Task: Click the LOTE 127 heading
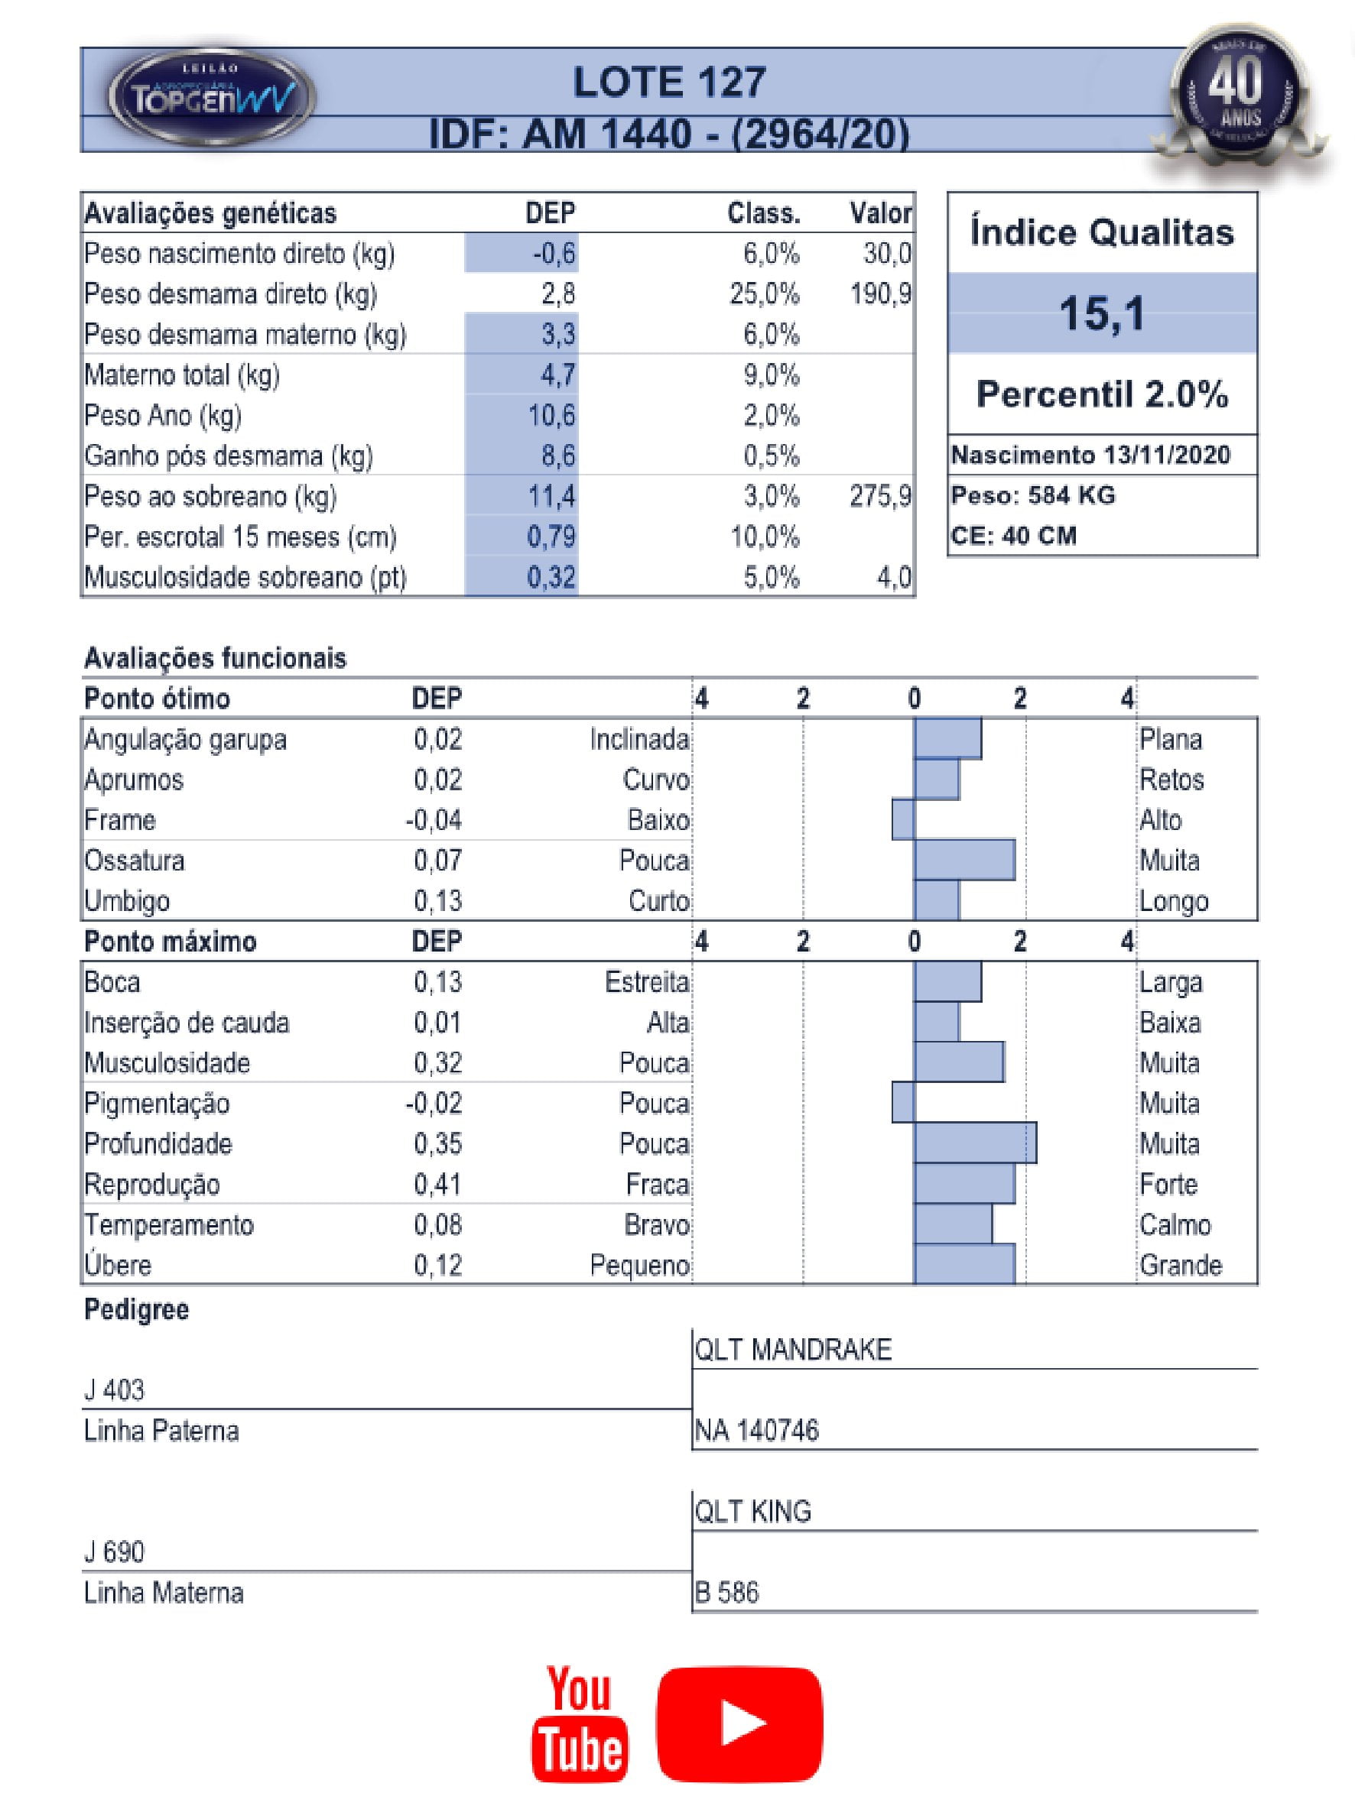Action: (669, 83)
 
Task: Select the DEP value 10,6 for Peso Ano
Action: (551, 416)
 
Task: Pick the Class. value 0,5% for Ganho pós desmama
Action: (770, 456)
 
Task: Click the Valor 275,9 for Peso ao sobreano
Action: (879, 497)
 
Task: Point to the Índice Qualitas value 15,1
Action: (1102, 313)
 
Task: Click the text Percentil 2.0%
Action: (1102, 394)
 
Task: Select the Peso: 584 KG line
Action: (1032, 495)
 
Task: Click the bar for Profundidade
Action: (974, 1143)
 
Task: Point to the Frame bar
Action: (902, 820)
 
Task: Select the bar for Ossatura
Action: (963, 861)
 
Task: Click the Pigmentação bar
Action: (902, 1103)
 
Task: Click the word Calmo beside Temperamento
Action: (1175, 1224)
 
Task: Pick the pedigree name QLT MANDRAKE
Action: (792, 1350)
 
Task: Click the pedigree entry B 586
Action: (726, 1592)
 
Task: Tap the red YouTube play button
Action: (739, 1723)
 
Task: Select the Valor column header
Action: (879, 213)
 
